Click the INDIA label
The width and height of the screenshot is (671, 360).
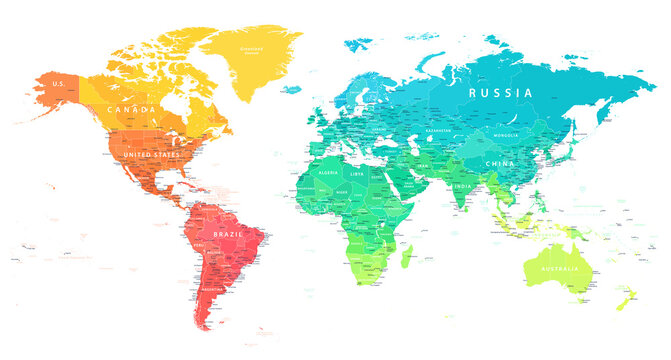[461, 185]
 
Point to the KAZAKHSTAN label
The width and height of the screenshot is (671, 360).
[438, 130]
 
